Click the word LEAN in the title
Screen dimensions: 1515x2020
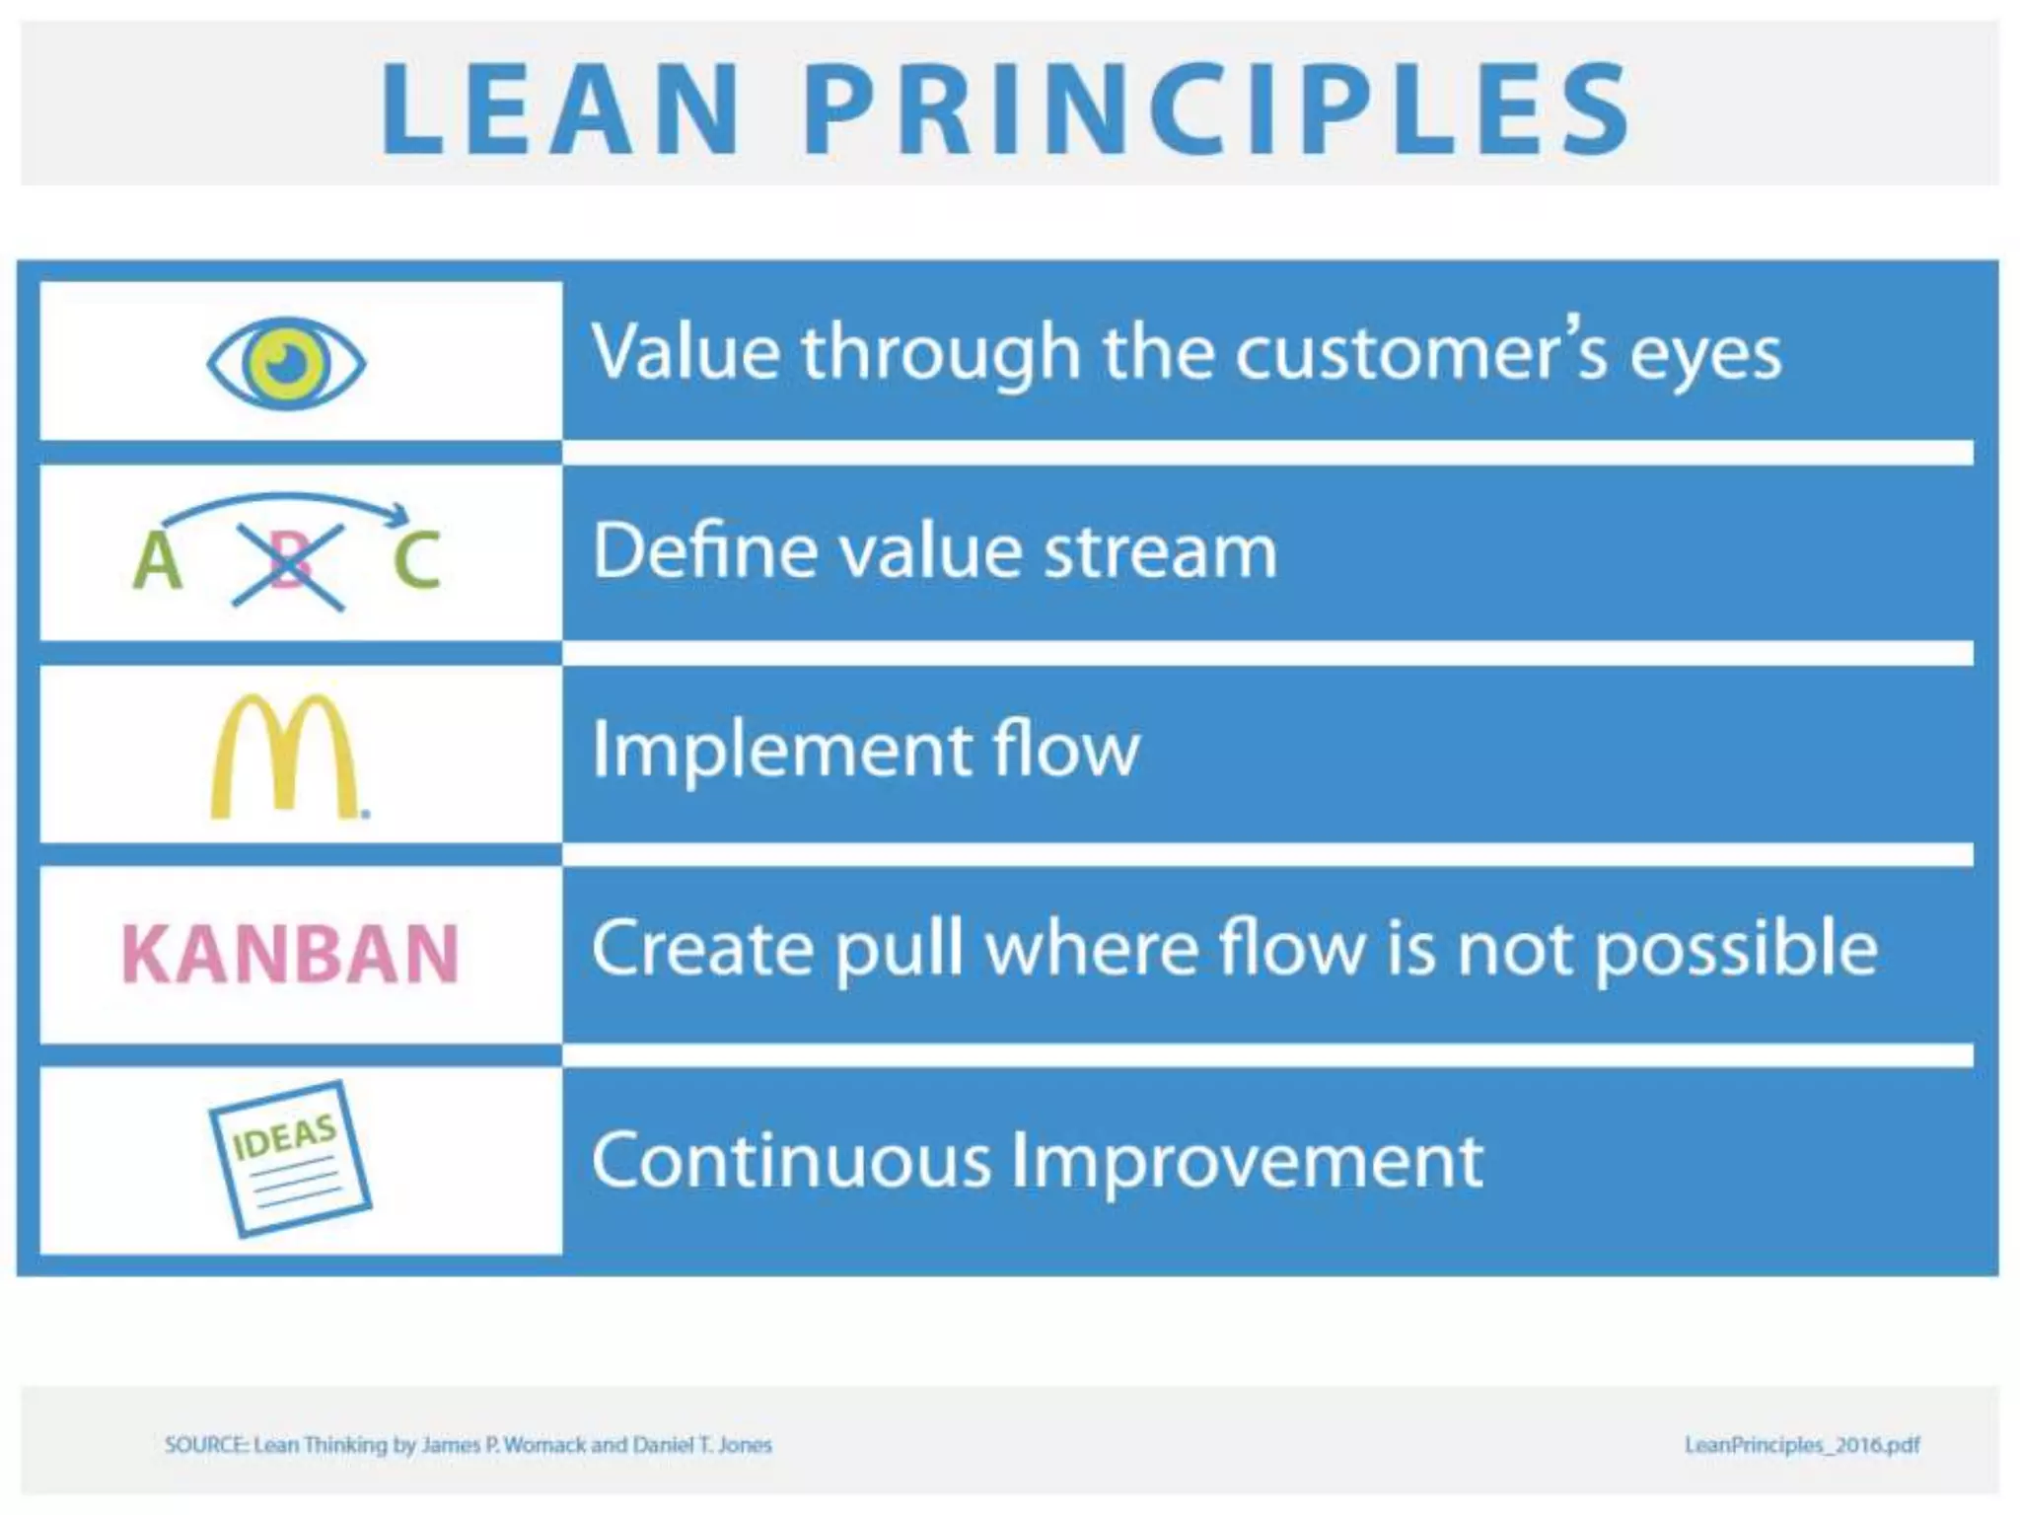click(x=560, y=108)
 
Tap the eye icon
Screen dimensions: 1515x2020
click(x=286, y=363)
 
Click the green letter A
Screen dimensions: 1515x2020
click(x=158, y=560)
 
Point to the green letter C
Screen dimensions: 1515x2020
click(x=416, y=560)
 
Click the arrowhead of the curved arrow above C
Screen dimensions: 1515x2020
click(x=399, y=513)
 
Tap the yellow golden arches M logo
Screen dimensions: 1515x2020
click(x=286, y=757)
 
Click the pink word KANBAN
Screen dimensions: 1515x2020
click(x=290, y=955)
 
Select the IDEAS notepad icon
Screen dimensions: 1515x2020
click(x=290, y=1158)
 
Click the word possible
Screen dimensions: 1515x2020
click(x=1736, y=949)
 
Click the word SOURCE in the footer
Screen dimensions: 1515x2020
click(x=205, y=1445)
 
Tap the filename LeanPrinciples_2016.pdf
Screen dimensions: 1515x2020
click(x=1802, y=1445)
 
